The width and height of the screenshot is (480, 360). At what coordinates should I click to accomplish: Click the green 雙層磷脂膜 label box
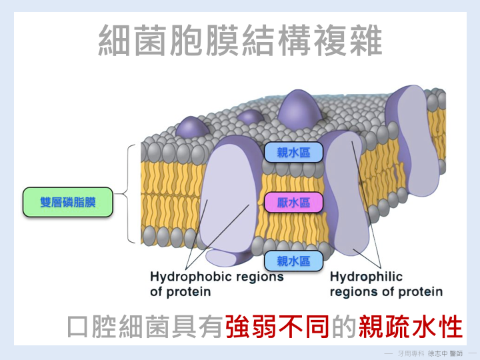67,201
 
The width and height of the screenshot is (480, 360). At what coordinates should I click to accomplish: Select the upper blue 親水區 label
293,153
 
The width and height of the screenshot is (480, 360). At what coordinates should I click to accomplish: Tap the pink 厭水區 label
293,202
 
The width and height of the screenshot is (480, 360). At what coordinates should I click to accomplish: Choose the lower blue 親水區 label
293,261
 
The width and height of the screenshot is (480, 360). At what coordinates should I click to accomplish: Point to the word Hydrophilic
366,277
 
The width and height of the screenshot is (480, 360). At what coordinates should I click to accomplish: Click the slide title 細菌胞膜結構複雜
240,41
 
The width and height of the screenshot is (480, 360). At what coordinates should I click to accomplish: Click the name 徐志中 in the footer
438,352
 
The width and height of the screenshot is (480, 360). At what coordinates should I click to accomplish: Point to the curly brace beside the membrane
131,193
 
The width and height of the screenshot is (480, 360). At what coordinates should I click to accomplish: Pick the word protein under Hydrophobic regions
189,292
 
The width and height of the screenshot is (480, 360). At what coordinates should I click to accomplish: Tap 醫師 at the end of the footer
459,352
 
